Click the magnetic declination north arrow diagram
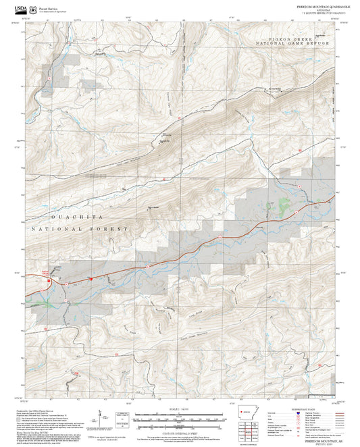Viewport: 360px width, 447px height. tap(101, 413)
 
